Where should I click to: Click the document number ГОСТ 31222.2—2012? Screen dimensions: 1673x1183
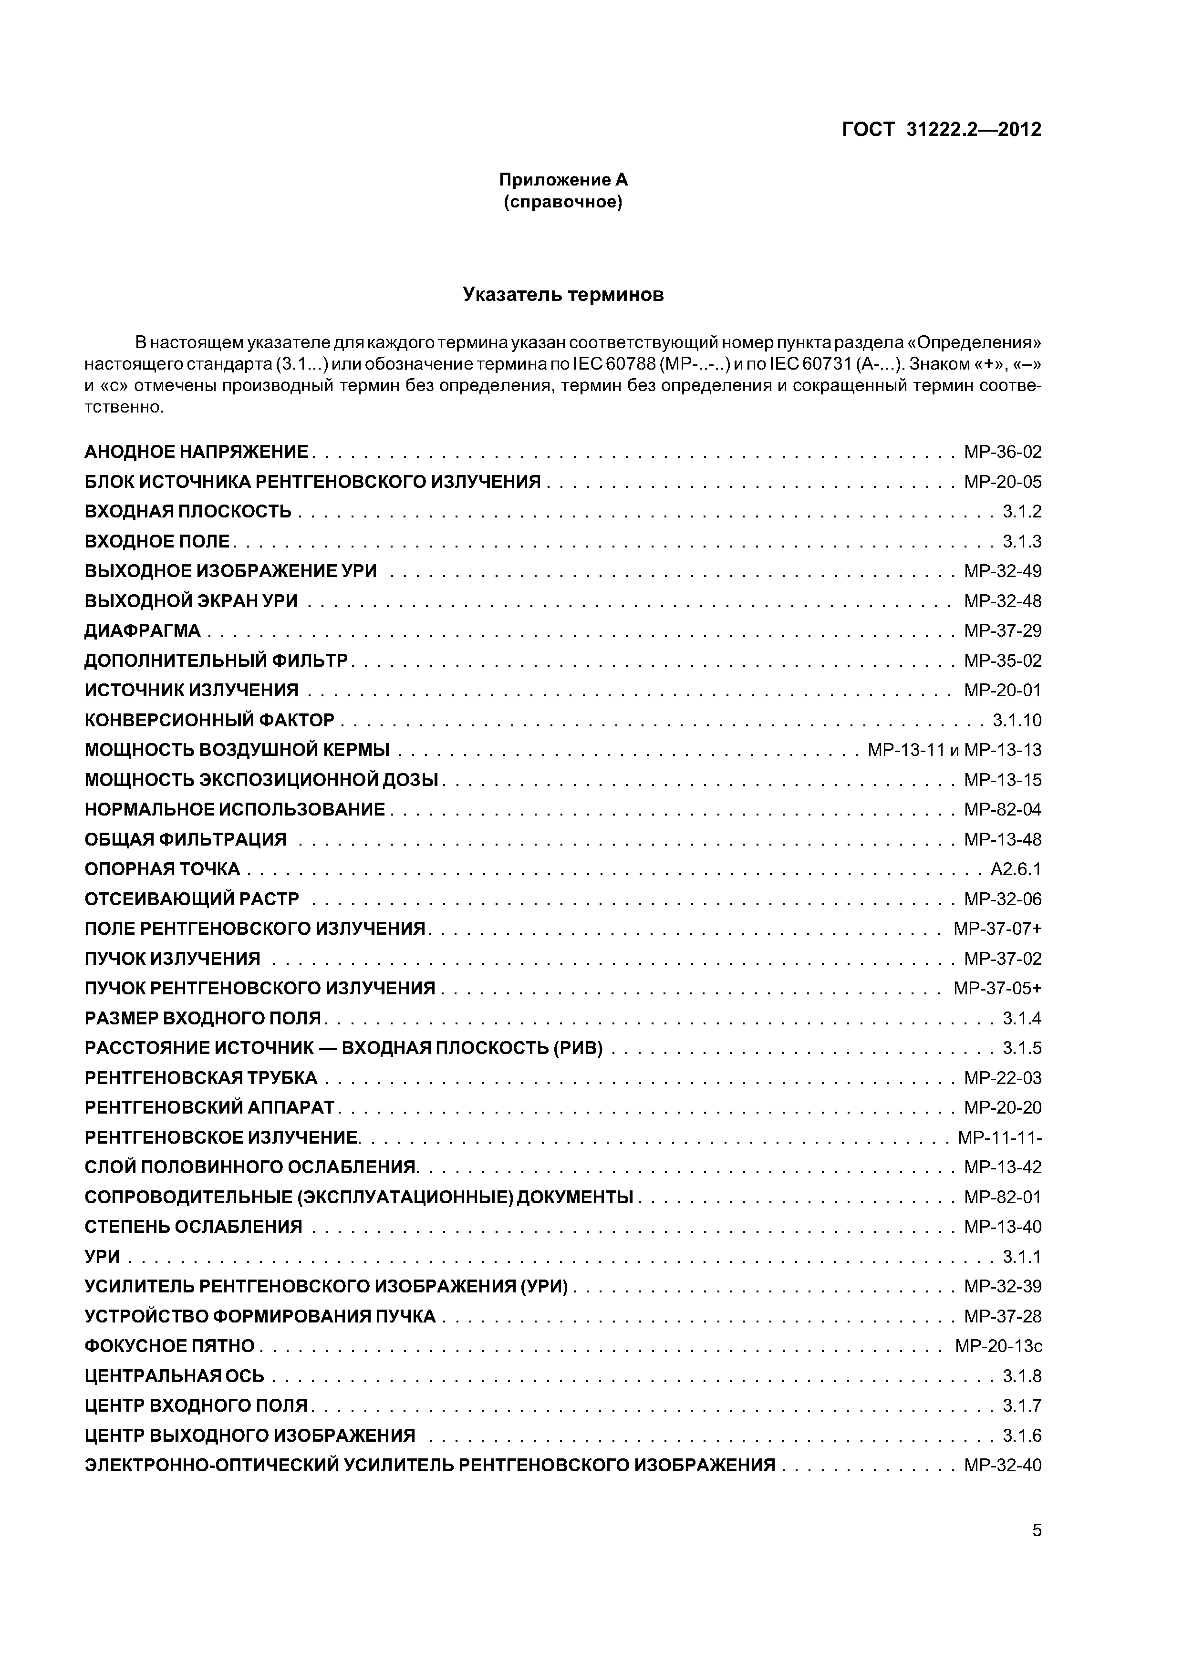coord(941,130)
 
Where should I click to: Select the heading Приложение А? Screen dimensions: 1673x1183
coord(563,179)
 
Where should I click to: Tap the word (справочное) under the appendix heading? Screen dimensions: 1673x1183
coord(563,202)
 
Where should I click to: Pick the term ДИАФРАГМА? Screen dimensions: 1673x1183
coord(142,630)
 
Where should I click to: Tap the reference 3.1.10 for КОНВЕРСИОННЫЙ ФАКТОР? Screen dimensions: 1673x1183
coord(1017,720)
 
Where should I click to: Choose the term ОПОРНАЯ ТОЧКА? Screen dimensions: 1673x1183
coord(162,868)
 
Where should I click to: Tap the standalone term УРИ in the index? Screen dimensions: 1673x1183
coord(102,1256)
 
